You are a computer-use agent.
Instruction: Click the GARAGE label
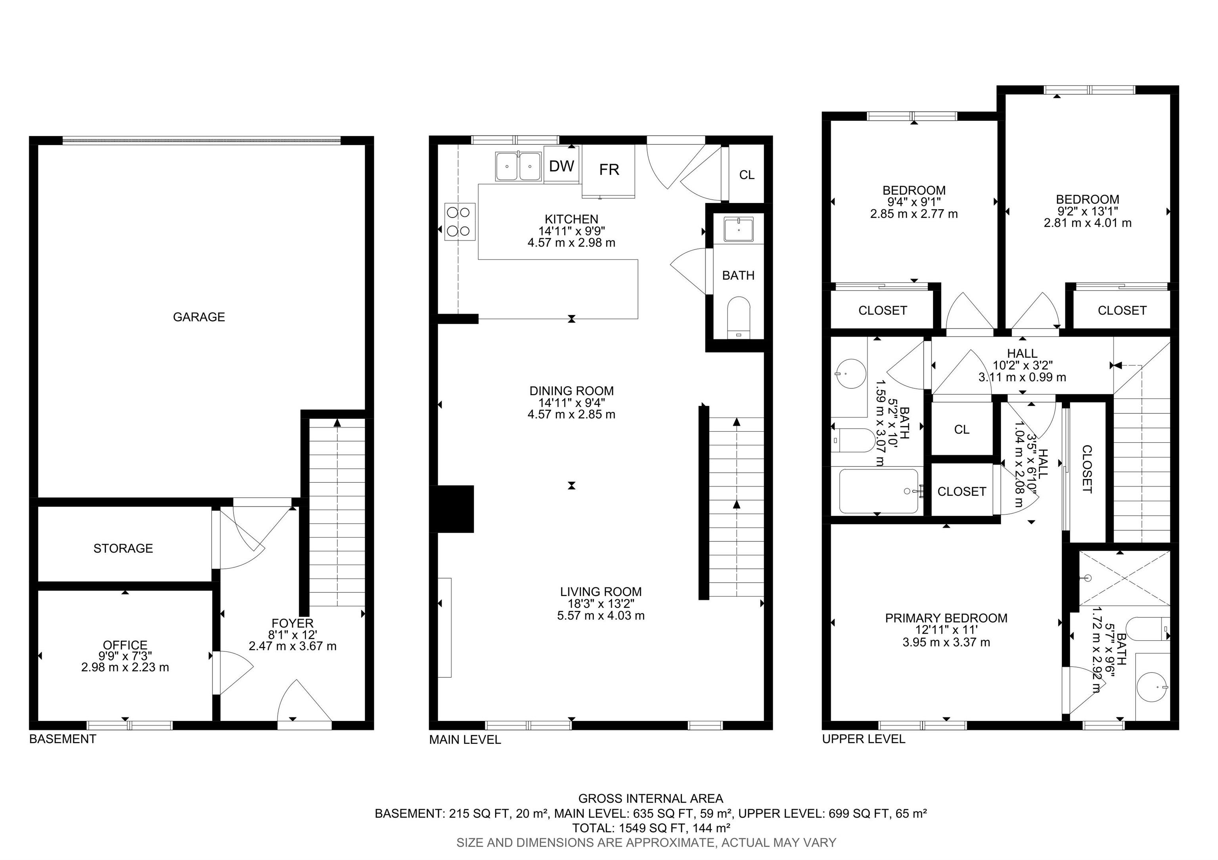[199, 317]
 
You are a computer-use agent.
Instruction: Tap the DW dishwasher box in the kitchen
[562, 166]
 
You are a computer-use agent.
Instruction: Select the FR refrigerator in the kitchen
[609, 170]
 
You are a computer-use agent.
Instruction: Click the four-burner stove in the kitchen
[460, 222]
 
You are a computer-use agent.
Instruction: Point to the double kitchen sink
[518, 166]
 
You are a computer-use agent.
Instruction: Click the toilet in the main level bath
[738, 317]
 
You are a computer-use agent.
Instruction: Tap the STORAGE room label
[123, 548]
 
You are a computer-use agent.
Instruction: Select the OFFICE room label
[125, 645]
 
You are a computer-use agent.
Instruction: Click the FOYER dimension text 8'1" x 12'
[292, 634]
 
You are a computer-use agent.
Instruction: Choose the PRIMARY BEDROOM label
[946, 618]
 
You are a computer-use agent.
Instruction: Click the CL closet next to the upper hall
[962, 430]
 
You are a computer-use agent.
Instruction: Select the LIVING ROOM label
[601, 592]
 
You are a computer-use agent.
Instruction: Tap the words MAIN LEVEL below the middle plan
[465, 740]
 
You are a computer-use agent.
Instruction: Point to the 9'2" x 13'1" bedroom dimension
[1088, 211]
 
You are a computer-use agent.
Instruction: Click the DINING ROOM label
[571, 391]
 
